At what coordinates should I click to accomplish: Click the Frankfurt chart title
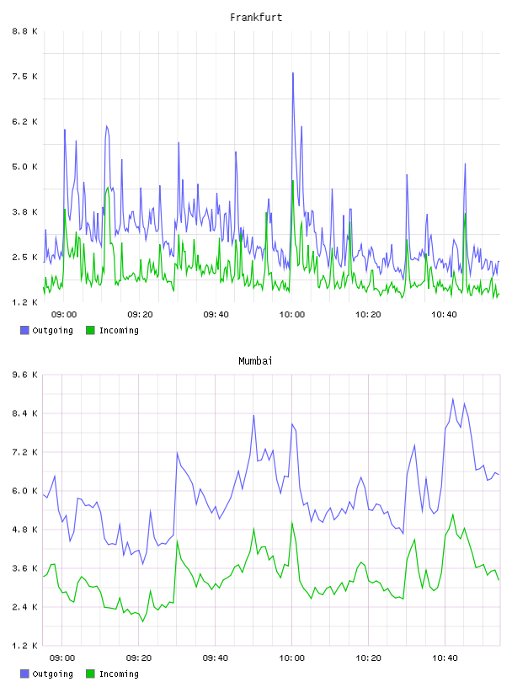256,18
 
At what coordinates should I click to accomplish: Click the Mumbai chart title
255,361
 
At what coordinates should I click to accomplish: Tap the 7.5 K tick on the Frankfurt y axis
25,77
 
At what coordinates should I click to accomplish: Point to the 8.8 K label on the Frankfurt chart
25,31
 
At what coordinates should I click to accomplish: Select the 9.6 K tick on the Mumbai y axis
25,375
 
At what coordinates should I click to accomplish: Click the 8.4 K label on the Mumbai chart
25,413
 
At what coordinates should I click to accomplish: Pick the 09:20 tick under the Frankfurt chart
140,314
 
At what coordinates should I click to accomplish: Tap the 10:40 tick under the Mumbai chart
445,658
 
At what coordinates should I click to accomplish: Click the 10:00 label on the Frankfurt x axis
292,314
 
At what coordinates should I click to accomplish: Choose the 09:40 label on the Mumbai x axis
216,658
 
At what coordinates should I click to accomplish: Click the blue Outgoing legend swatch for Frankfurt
24,330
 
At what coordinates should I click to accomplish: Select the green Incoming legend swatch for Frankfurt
90,330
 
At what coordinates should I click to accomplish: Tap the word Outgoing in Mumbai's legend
52,674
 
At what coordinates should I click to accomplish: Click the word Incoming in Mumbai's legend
119,674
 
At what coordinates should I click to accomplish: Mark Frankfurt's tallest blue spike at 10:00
293,73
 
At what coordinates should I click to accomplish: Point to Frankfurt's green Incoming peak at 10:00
292,181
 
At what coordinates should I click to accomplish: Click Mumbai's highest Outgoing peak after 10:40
453,399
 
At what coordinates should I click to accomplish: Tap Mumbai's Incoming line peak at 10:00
292,523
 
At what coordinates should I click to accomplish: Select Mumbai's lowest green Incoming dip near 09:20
142,621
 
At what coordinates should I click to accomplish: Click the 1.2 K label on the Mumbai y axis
25,646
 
